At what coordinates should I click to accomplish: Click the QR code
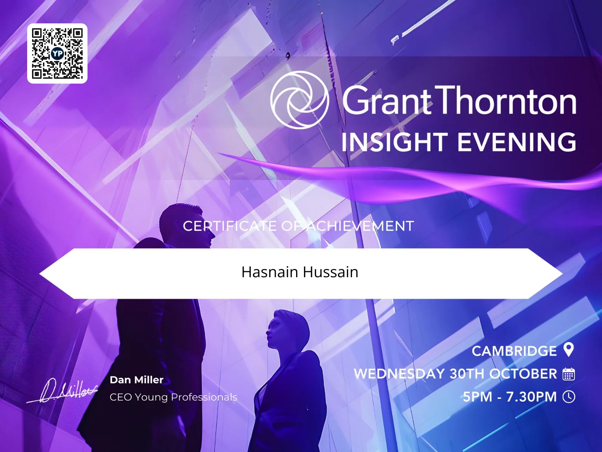(57, 53)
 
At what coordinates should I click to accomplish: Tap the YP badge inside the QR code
(57, 53)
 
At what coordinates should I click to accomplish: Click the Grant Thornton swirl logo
(299, 100)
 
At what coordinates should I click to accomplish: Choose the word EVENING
(517, 142)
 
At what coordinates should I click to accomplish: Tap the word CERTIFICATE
(230, 226)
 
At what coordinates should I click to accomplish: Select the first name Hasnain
(270, 272)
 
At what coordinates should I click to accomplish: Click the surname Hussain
(330, 272)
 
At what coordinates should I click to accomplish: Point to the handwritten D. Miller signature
(62, 390)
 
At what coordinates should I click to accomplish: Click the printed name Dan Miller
(137, 380)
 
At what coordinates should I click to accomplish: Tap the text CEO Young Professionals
(174, 397)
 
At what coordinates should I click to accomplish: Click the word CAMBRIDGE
(514, 351)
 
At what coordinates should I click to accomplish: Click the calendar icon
(568, 374)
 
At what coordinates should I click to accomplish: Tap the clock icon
(569, 397)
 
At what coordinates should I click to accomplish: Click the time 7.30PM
(531, 397)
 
